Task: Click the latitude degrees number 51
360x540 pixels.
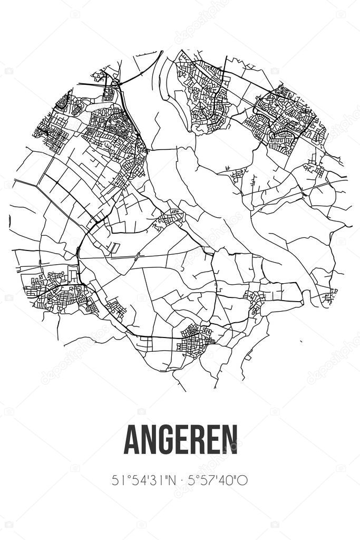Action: click(x=118, y=480)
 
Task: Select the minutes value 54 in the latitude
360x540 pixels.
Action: click(x=134, y=480)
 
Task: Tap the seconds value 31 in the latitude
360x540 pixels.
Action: click(x=151, y=480)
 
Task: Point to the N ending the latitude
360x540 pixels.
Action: click(x=165, y=480)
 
